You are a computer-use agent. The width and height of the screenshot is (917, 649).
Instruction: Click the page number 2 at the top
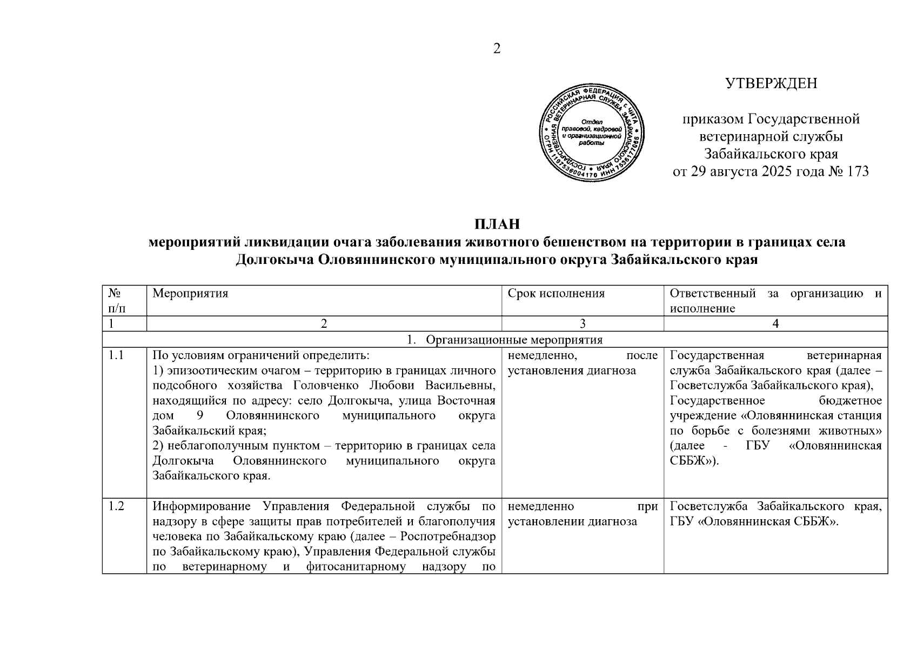point(497,49)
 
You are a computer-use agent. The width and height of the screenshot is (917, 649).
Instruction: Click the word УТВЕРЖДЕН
point(771,83)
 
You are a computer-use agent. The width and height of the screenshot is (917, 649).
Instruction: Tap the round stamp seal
point(591,132)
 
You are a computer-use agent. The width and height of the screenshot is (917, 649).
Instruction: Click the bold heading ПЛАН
point(497,224)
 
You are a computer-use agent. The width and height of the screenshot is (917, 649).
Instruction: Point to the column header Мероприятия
point(190,293)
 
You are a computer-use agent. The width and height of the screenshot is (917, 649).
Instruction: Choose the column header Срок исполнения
point(556,293)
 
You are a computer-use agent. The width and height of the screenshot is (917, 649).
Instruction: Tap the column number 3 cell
point(583,323)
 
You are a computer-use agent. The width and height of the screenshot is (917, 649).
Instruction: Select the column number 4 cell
point(775,323)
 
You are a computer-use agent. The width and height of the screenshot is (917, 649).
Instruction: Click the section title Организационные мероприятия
point(514,340)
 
